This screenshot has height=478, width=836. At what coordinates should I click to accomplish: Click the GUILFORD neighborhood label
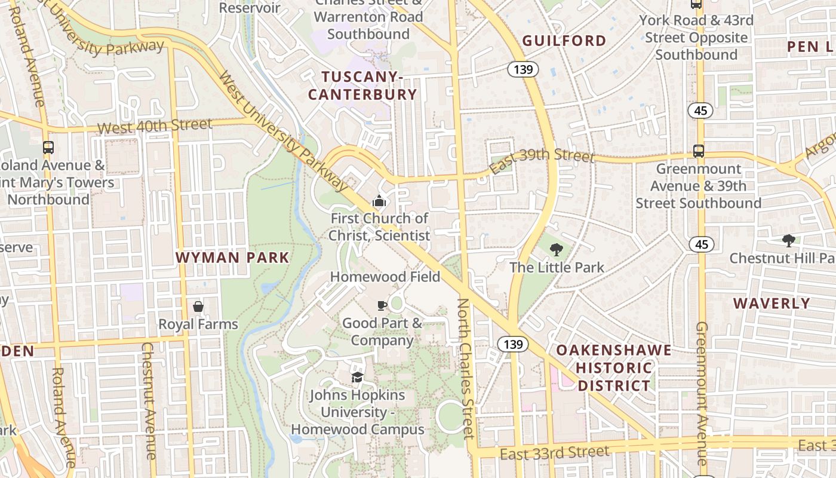point(564,41)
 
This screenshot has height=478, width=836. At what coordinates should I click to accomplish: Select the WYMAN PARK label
point(232,258)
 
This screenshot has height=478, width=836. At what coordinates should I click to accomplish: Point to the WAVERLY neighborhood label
point(772,303)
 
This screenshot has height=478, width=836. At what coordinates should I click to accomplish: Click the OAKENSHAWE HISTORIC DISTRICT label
point(614,367)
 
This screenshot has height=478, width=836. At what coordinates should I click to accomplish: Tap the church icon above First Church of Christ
point(379,201)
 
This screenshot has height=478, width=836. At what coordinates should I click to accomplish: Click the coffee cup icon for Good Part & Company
point(382,306)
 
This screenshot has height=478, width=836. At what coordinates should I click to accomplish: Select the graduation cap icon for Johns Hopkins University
point(357,377)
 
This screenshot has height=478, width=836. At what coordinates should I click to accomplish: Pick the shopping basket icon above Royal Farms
point(198,307)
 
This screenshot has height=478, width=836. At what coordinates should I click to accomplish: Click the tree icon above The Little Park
point(557,250)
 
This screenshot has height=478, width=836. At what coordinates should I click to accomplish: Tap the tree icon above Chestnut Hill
point(788,241)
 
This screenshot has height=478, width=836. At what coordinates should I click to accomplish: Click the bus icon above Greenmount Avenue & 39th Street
point(698,151)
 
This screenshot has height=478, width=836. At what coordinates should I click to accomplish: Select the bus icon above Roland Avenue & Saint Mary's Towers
point(48,147)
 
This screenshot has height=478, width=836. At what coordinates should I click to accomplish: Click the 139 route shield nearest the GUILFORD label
point(523,69)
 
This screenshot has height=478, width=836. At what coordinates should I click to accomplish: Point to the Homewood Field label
point(385,277)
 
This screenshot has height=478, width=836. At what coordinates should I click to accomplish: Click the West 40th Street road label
point(155,125)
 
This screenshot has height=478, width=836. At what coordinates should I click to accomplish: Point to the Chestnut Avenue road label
point(147,400)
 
